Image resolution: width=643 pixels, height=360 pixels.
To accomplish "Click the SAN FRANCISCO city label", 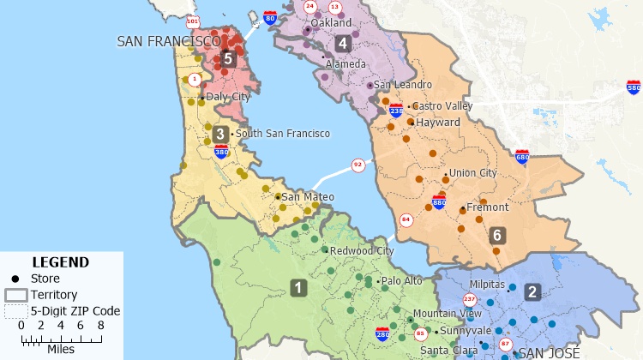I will (x=168, y=40).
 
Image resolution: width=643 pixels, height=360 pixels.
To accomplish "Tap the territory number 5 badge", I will (x=227, y=58).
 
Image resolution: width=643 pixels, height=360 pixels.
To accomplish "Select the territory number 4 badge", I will (x=343, y=43).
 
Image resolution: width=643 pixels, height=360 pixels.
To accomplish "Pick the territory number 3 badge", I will (x=220, y=134).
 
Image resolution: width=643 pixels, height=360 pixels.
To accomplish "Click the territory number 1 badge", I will (x=298, y=287).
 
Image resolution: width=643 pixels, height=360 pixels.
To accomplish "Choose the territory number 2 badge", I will (x=532, y=291).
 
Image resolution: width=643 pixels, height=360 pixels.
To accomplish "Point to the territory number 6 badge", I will (x=497, y=235).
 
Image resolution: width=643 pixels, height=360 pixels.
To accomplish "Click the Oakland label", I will (x=331, y=23).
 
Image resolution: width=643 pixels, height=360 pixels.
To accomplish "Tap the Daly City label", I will (x=228, y=98).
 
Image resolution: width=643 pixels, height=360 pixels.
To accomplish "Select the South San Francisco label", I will (x=282, y=134).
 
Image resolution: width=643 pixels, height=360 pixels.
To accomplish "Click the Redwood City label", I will (x=362, y=251).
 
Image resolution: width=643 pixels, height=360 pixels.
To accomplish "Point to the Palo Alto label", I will (x=401, y=281).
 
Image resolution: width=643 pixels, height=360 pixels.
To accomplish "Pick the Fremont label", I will (x=487, y=207).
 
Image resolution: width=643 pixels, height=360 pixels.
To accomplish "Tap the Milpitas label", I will (x=487, y=284).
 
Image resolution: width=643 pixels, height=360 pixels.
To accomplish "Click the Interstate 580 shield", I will (x=634, y=87).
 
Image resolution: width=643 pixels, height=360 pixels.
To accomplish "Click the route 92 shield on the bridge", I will (x=358, y=165).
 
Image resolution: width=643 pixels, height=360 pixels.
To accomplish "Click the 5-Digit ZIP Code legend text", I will (x=75, y=311).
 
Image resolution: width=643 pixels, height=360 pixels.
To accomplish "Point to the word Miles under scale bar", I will (x=60, y=349).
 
